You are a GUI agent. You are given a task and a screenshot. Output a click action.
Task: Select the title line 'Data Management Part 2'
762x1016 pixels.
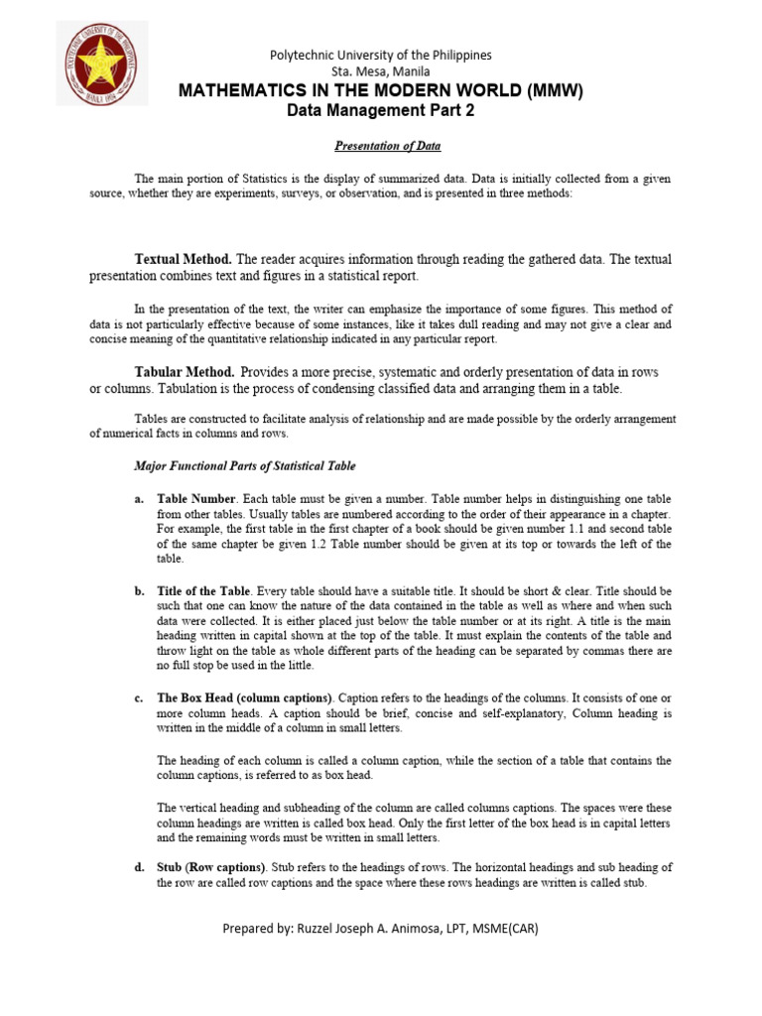381,111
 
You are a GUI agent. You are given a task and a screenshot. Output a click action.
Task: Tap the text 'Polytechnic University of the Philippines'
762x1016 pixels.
381,56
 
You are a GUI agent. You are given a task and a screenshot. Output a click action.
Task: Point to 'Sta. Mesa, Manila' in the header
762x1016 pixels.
381,72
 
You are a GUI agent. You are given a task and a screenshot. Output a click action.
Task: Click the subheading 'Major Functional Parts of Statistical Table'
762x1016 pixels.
244,466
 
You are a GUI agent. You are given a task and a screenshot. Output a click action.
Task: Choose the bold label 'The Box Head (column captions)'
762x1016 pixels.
249,698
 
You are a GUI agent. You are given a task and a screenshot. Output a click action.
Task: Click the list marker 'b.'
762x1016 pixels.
140,590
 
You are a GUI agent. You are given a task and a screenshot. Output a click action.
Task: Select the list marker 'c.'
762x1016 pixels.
140,698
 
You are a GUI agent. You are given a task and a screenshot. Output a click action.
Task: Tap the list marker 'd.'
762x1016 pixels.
140,867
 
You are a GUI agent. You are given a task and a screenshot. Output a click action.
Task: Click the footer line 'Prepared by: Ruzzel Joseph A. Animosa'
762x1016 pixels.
381,928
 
